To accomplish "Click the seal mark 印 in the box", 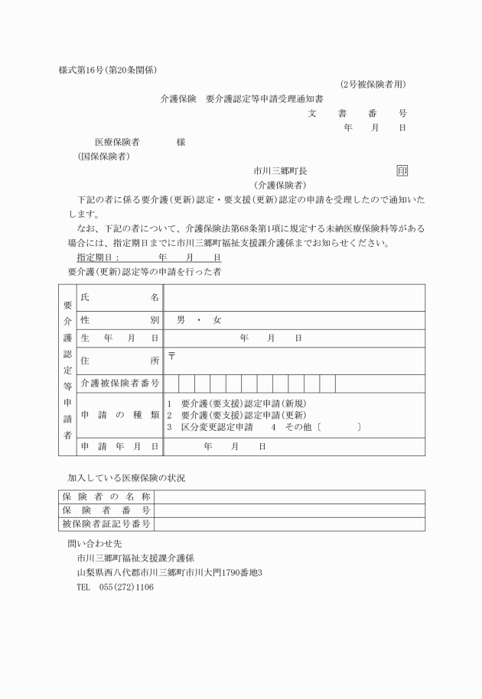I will [402, 170].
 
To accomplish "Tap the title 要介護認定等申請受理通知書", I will [263, 99].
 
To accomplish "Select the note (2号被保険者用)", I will [373, 84].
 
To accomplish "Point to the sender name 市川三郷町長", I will [281, 171].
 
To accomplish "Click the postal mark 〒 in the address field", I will [171, 355].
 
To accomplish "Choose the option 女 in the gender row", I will [217, 319].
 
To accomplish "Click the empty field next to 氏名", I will [294, 297].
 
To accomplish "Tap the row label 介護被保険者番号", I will [120, 382].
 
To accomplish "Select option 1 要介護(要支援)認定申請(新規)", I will [236, 403].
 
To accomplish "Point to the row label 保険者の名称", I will [106, 497].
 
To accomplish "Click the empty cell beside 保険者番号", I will [290, 510].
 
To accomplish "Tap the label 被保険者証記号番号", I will [106, 524].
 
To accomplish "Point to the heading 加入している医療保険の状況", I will [126, 477].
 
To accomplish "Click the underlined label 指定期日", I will [98, 257].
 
